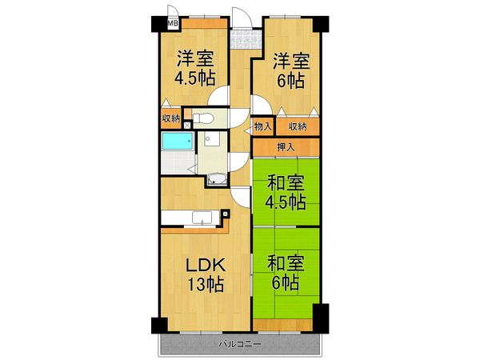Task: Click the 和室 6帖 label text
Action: (x=283, y=273)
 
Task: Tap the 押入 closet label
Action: (x=286, y=147)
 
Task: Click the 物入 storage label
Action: (x=263, y=126)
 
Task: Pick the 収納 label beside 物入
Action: (x=298, y=126)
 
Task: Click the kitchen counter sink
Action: (x=201, y=218)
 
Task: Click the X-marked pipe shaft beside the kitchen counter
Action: (x=226, y=214)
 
